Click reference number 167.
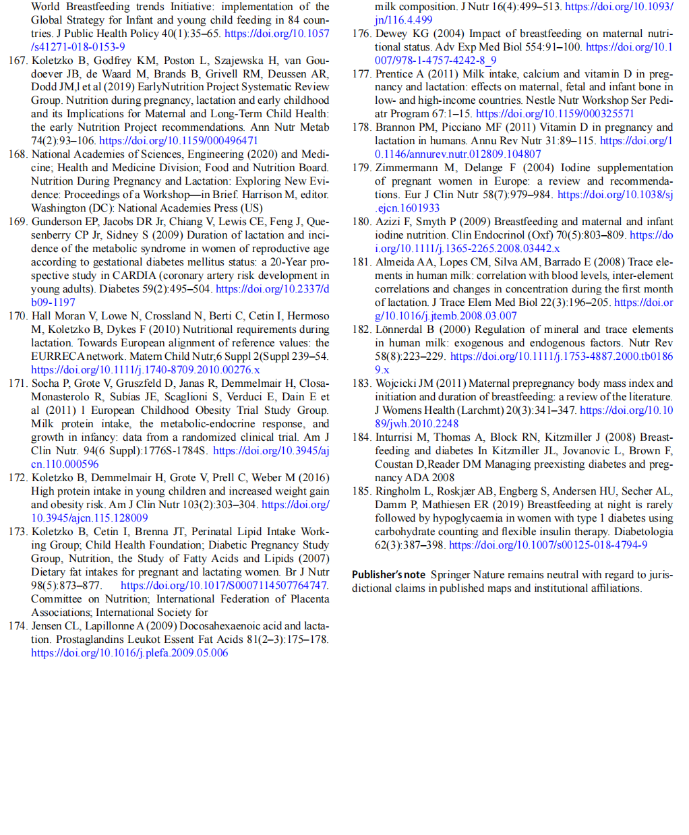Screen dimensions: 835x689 pos(18,60)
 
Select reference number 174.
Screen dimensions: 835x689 pos(18,626)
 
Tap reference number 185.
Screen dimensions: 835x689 pos(361,491)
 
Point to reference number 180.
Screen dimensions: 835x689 pos(361,222)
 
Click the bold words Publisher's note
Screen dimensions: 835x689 pos(388,575)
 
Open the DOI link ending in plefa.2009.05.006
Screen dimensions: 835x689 pos(129,653)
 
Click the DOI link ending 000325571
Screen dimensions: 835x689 pos(555,114)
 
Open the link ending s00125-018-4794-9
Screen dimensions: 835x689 pos(548,545)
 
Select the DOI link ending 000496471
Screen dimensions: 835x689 pos(179,141)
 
